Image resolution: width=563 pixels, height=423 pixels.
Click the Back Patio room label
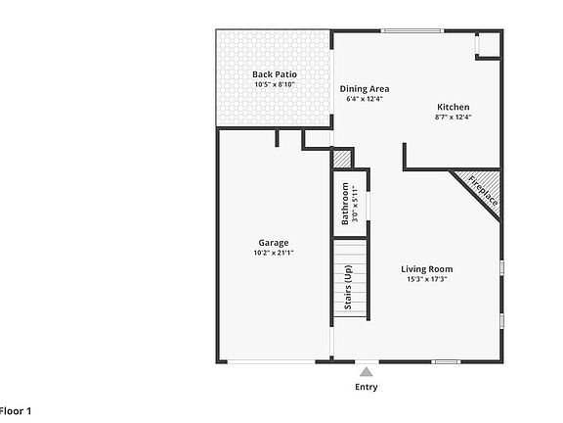pos(274,74)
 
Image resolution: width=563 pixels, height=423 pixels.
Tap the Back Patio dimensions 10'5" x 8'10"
pos(274,85)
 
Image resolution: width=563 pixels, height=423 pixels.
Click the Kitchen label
pos(453,107)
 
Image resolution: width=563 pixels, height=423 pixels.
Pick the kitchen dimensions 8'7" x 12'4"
pos(453,117)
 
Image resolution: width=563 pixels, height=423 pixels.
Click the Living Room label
pos(427,268)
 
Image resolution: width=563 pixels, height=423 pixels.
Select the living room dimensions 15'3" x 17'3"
pos(427,279)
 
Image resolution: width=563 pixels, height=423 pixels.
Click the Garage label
pos(274,242)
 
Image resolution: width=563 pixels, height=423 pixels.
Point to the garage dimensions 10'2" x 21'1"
pos(274,253)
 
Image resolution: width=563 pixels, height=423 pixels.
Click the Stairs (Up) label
pos(347,287)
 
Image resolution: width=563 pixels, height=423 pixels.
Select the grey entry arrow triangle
pos(366,371)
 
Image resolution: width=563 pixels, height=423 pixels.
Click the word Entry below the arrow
pos(366,387)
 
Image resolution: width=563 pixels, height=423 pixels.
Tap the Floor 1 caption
pos(16,411)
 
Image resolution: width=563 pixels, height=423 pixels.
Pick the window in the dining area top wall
pos(402,30)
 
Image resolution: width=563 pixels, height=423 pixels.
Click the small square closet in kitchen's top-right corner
pos(489,45)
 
